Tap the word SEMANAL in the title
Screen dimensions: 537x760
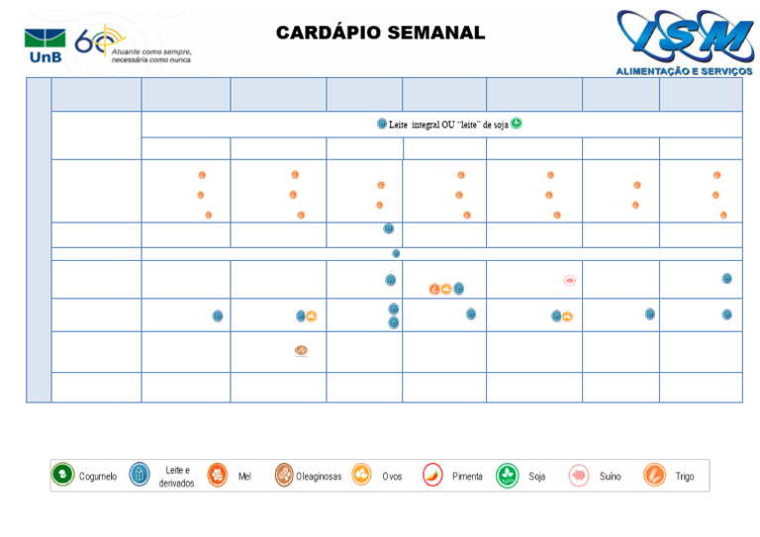[x=434, y=33]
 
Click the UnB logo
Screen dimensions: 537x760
[x=45, y=45]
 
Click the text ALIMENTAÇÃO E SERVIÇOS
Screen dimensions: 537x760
[x=684, y=71]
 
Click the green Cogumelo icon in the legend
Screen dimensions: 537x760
[x=62, y=476]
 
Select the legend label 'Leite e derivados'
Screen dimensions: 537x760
[x=176, y=477]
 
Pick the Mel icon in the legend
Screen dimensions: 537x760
[x=217, y=476]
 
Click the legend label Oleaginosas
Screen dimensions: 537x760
[x=318, y=477]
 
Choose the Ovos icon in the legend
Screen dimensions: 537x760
[x=361, y=476]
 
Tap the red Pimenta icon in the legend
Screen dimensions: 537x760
[x=432, y=476]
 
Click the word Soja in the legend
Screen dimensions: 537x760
[x=536, y=477]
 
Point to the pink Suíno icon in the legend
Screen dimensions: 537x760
[x=579, y=476]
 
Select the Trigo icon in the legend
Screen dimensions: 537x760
[x=654, y=476]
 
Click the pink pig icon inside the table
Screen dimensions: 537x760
[x=570, y=281]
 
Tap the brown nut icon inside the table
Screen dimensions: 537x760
[x=301, y=350]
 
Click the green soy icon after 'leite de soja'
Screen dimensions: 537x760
[x=517, y=124]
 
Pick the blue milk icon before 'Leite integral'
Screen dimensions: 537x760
[x=382, y=124]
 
